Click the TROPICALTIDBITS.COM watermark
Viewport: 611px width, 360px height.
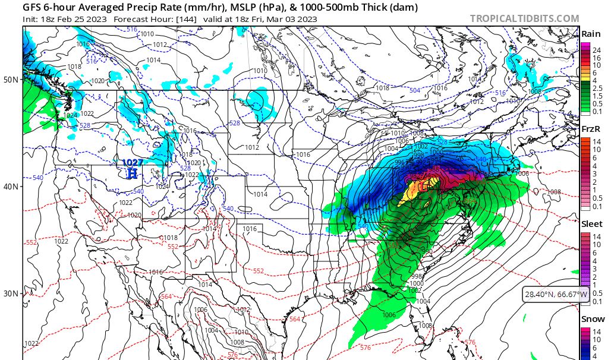(524, 18)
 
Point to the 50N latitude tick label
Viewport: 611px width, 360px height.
(11, 79)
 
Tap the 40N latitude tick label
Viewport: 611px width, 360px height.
(11, 187)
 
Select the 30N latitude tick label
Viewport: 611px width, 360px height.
(11, 293)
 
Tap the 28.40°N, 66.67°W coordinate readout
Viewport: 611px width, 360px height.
(556, 294)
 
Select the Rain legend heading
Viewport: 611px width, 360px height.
(590, 34)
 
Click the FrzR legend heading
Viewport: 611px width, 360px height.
(590, 130)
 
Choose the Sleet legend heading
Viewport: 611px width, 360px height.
(590, 225)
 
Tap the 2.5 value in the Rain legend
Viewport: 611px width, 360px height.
(597, 87)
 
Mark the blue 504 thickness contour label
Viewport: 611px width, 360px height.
(415, 90)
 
